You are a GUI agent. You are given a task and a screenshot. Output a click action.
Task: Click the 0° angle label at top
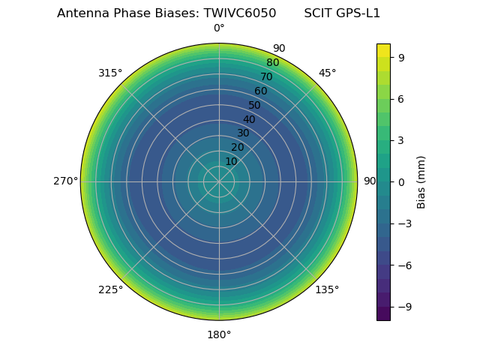click(219, 28)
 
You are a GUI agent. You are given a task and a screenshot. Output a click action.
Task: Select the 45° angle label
click(327, 73)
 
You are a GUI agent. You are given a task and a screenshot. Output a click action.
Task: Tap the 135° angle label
click(327, 289)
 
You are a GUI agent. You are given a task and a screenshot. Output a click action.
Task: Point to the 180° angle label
click(219, 334)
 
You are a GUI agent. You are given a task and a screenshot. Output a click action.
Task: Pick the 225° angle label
click(110, 289)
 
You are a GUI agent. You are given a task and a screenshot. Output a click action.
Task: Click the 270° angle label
click(65, 181)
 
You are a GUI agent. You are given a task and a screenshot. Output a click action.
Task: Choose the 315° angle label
click(110, 73)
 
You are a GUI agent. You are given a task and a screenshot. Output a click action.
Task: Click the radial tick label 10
click(231, 161)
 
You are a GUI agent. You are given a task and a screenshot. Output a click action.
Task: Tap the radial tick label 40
click(249, 119)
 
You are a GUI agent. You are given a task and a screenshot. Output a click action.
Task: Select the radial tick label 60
click(261, 91)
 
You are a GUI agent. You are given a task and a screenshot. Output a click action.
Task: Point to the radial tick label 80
click(273, 62)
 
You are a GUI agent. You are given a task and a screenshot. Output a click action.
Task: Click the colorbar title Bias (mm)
click(421, 181)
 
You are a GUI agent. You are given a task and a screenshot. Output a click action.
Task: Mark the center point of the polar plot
click(219, 181)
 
